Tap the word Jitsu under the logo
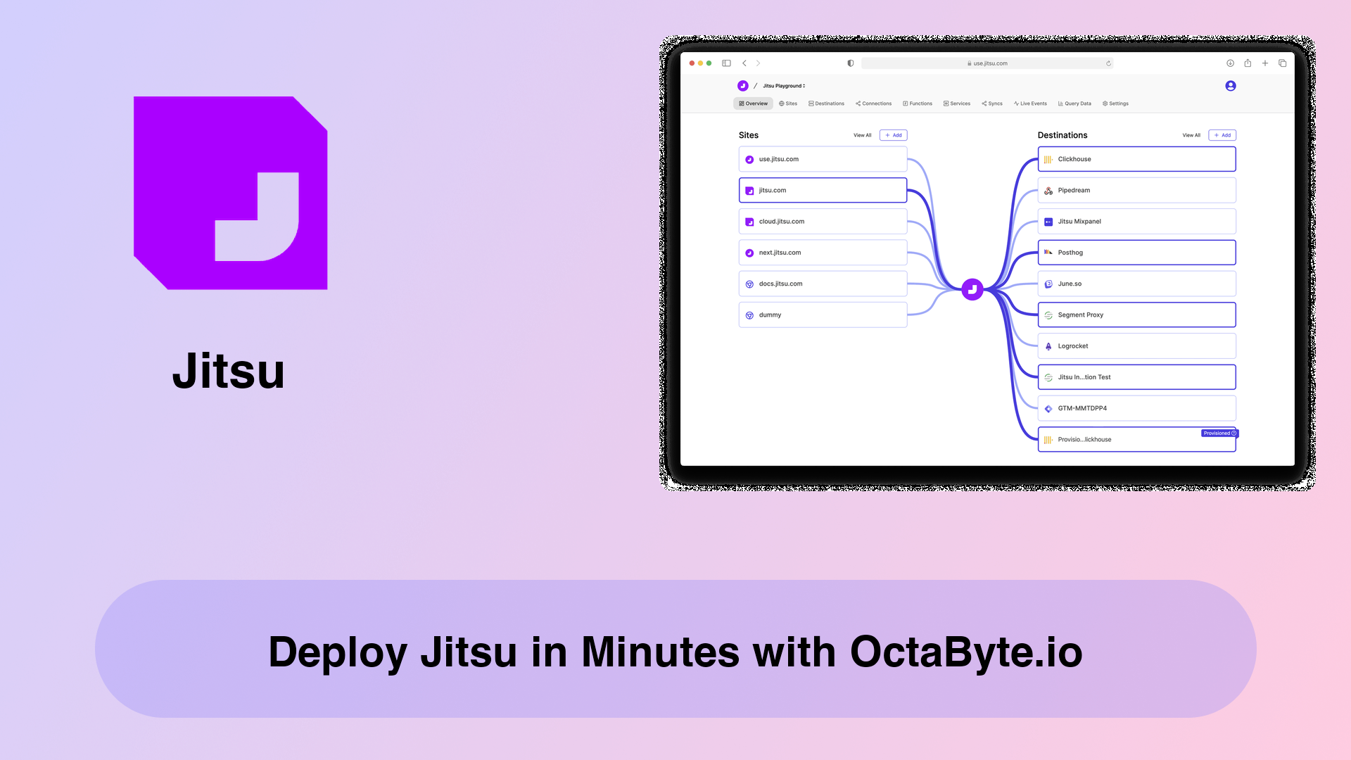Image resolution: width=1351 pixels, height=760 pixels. tap(229, 371)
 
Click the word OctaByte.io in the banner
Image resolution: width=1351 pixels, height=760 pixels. tap(966, 652)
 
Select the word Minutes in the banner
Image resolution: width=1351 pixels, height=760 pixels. tap(660, 652)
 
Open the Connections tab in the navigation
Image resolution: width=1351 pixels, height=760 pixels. tap(873, 103)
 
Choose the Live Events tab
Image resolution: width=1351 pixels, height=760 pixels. tap(1030, 103)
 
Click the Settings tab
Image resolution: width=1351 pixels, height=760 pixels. tap(1115, 103)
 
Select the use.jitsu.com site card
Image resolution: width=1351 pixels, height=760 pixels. tap(823, 159)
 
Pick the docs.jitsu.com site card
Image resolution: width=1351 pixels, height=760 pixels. tap(823, 284)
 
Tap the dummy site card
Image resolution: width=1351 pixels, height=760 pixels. tap(823, 315)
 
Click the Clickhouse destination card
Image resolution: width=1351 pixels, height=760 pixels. tap(1136, 159)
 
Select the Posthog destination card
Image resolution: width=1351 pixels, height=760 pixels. tap(1136, 253)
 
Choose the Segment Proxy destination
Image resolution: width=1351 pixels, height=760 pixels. tap(1136, 315)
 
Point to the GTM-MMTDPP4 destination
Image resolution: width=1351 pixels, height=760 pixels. tap(1136, 408)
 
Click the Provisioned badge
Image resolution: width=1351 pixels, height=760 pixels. tap(1219, 433)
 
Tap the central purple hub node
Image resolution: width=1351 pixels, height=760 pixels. tap(972, 289)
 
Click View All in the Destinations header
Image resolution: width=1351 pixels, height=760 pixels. tap(1191, 135)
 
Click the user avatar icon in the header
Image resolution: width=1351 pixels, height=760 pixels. tap(1231, 86)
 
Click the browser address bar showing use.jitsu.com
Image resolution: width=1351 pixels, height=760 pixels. tap(987, 63)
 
